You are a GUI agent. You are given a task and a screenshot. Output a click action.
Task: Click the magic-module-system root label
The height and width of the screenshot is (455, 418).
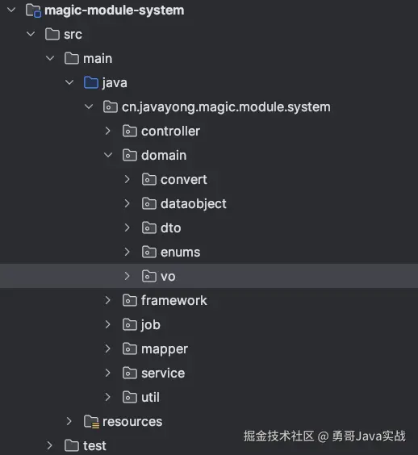coord(115,10)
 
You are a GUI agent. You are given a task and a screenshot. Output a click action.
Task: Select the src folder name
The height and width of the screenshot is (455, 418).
coord(73,35)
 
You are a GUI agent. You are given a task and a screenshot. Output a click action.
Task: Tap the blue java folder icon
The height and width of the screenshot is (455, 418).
coord(91,82)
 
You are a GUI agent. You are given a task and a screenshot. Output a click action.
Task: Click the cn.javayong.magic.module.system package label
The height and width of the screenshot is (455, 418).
coord(226,107)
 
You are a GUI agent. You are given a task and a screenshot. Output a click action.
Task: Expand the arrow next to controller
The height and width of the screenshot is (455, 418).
coord(107,131)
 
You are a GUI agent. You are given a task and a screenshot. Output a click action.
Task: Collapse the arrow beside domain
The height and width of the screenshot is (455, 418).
coord(108,155)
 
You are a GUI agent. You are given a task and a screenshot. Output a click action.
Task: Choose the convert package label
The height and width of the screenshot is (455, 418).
coord(184,180)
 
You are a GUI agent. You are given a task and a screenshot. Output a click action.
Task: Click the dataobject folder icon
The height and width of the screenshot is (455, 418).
coord(149,203)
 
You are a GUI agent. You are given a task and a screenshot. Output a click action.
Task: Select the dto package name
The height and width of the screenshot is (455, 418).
coord(171,227)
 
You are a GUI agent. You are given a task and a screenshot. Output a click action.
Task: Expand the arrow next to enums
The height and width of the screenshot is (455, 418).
coord(127,252)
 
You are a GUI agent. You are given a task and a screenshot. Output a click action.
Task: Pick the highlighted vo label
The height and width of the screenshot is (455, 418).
coord(168,277)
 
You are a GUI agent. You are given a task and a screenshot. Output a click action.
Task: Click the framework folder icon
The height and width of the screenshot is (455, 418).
coord(129,300)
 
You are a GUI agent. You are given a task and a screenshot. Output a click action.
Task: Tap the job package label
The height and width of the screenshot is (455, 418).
coord(151,324)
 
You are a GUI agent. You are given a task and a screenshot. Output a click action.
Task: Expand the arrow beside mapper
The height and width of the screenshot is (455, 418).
coord(107,349)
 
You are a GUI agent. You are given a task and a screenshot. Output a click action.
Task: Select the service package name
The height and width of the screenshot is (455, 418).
coord(163,374)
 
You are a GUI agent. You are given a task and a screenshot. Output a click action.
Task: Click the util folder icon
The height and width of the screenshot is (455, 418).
coord(129,397)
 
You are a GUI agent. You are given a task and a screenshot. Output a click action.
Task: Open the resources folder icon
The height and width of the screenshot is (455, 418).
coord(91,422)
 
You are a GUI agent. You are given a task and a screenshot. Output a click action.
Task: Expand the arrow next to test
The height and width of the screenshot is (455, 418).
coord(50,445)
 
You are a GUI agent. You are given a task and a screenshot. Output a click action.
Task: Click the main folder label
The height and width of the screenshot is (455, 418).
coord(98,59)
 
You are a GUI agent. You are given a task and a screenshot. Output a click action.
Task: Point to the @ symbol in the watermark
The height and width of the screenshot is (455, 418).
coord(323,436)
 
